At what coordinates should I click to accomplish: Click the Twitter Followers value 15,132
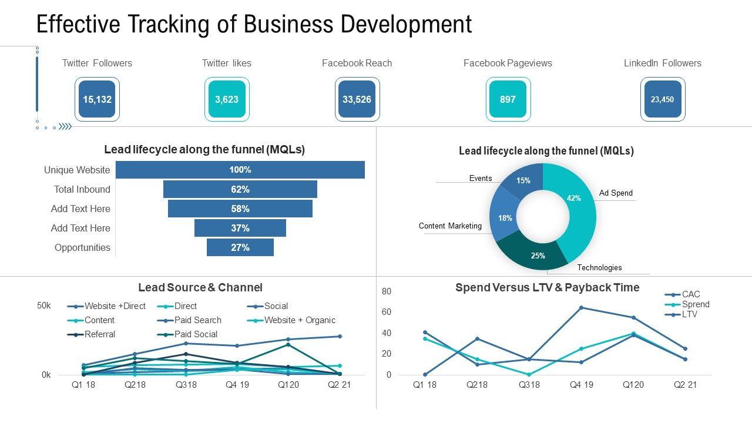(97, 99)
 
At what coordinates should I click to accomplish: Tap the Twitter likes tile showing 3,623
(227, 99)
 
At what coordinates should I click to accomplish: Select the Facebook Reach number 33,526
(357, 99)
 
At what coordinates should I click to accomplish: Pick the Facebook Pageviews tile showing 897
(508, 99)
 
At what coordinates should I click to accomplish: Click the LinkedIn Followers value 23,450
(662, 99)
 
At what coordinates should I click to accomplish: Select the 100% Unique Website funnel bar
(240, 170)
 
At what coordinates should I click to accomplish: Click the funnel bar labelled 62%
(240, 189)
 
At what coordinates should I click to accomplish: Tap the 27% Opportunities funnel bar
(240, 247)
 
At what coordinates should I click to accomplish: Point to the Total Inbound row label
(82, 189)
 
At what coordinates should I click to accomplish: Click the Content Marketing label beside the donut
(450, 226)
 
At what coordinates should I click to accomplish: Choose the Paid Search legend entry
(197, 320)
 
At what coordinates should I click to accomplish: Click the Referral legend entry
(99, 334)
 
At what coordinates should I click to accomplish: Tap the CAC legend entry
(690, 294)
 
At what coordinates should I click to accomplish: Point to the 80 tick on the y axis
(387, 291)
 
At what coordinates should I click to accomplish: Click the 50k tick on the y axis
(44, 305)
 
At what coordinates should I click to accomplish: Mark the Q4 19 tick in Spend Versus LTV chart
(581, 385)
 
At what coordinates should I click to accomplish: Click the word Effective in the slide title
(78, 25)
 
